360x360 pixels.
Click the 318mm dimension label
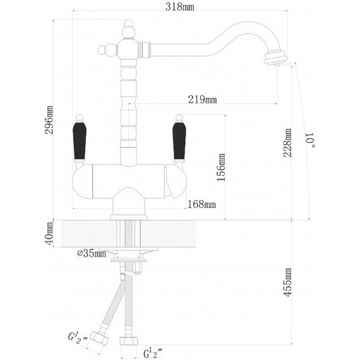coord(179,7)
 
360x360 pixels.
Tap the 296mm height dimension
coord(49,119)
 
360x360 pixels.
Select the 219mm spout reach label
coord(202,99)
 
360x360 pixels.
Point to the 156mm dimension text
coord(221,167)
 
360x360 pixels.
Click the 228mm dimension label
coord(287,143)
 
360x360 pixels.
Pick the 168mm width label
coord(201,204)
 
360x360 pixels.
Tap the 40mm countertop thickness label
coord(50,233)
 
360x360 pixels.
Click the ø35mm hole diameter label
coord(92,253)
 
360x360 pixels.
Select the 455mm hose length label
coord(287,282)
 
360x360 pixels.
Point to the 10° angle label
coord(310,140)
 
